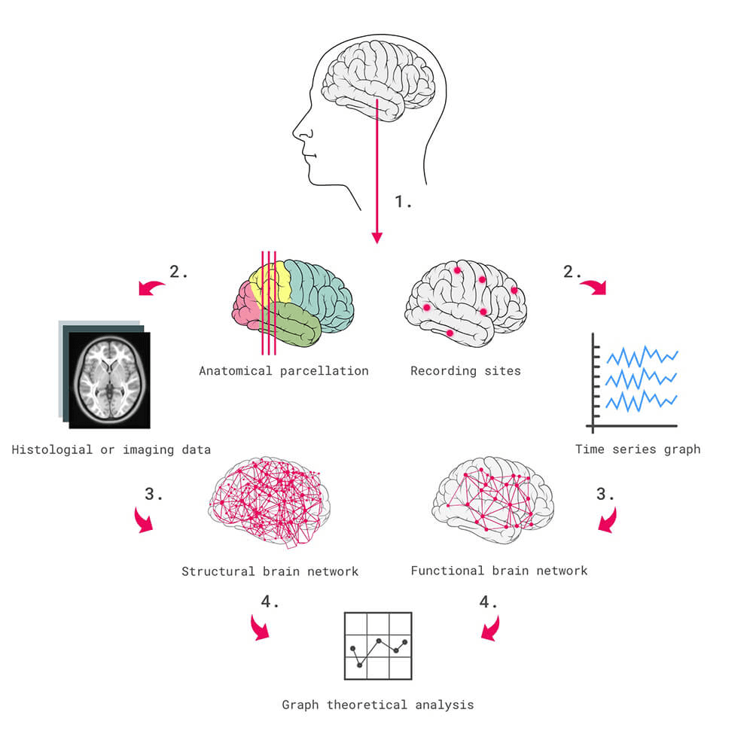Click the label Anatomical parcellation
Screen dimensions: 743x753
pyautogui.click(x=284, y=370)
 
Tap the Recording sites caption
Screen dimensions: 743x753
pyautogui.click(x=465, y=370)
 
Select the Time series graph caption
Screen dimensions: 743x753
pyautogui.click(x=638, y=449)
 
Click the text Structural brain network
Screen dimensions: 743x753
pyautogui.click(x=270, y=571)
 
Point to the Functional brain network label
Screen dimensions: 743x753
pyautogui.click(x=498, y=571)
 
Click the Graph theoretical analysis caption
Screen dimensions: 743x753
pyautogui.click(x=378, y=705)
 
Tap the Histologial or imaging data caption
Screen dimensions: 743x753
pyautogui.click(x=111, y=449)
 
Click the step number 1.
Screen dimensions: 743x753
pyautogui.click(x=404, y=202)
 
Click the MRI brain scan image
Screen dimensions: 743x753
pyautogui.click(x=109, y=380)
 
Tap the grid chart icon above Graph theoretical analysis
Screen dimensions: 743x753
pyautogui.click(x=378, y=645)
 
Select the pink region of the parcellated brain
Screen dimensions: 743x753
pyautogui.click(x=245, y=301)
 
